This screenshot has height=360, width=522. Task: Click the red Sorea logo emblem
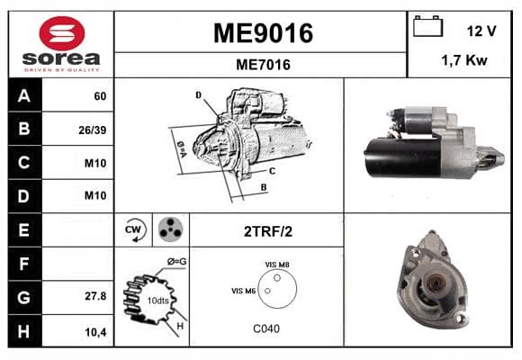[62, 33]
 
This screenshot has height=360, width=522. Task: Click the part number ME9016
[263, 33]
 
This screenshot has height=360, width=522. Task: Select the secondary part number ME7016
[263, 65]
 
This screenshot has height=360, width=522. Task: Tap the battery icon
[427, 26]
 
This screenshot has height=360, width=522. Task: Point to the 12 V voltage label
[481, 31]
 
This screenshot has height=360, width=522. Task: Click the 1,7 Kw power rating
[464, 60]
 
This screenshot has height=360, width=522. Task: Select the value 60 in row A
[100, 96]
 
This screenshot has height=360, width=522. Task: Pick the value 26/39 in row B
[92, 130]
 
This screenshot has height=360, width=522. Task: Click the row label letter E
[24, 229]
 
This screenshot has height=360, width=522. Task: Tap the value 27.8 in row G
[95, 296]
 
